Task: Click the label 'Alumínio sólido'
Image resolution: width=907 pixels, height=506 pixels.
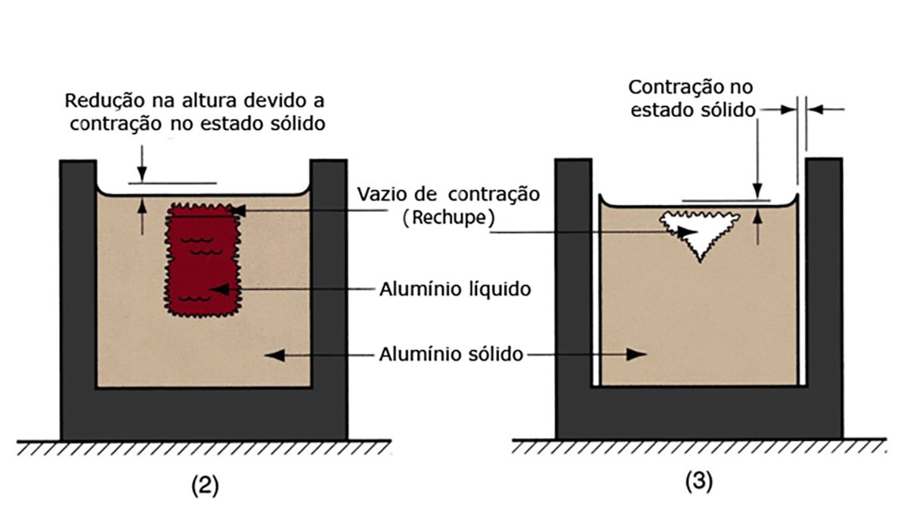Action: tap(446, 353)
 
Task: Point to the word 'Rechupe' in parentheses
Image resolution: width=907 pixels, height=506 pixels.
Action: tap(448, 218)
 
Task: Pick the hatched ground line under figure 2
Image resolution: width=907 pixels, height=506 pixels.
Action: tap(204, 448)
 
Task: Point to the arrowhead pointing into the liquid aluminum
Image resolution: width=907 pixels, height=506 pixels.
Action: tap(215, 289)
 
